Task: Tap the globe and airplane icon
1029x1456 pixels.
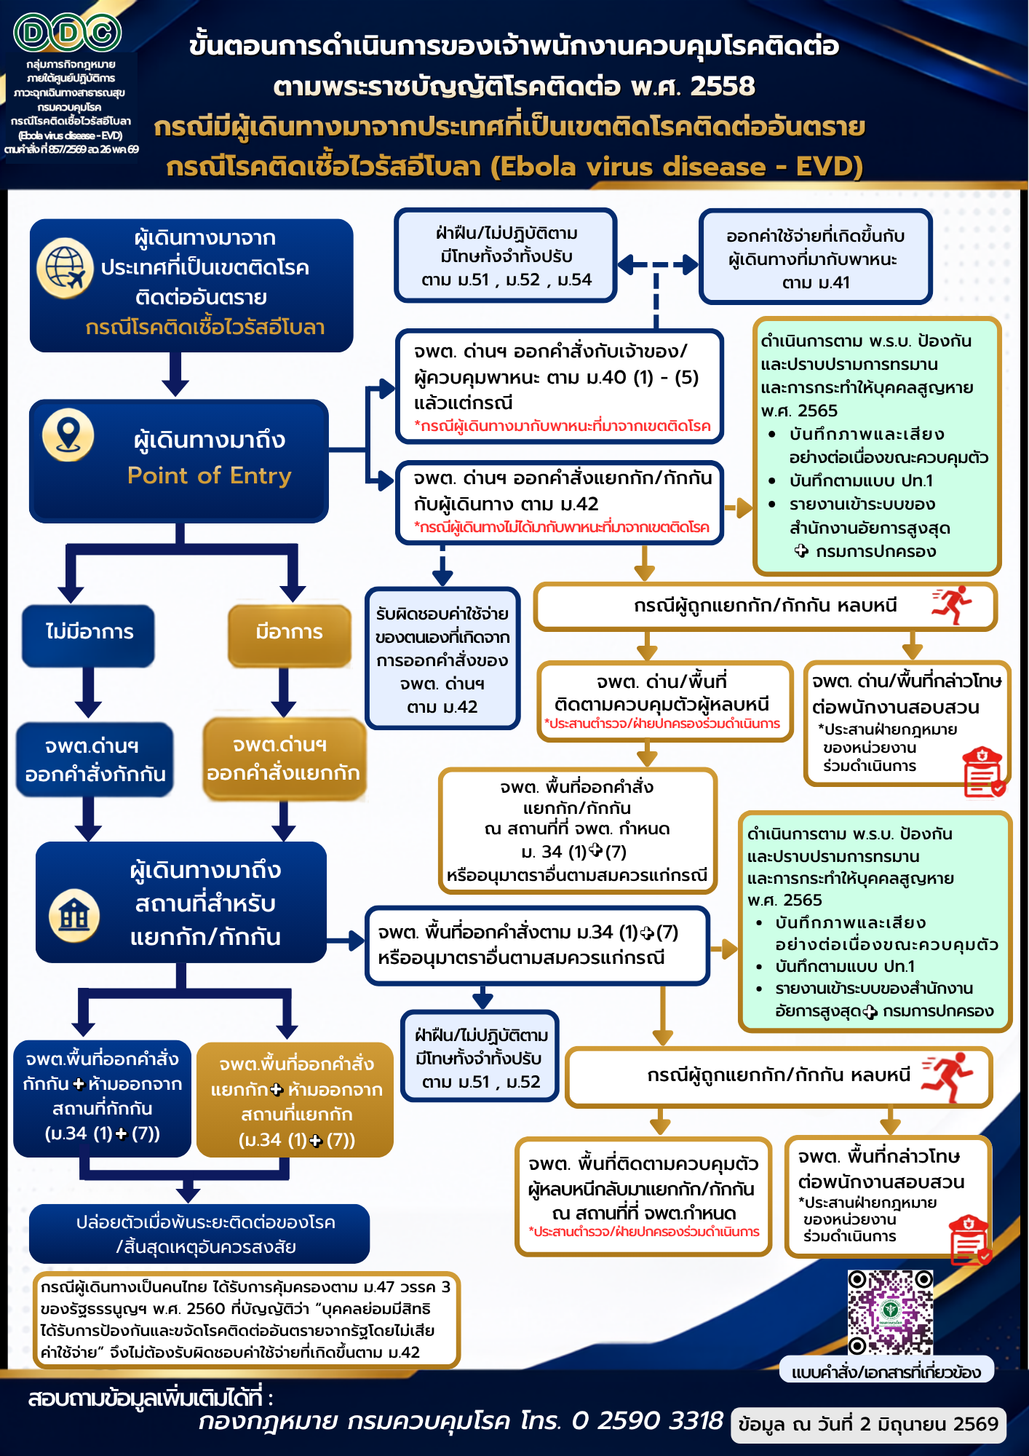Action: click(x=65, y=268)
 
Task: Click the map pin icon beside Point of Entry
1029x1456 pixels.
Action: click(x=68, y=435)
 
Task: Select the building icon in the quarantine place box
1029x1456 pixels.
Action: click(x=74, y=915)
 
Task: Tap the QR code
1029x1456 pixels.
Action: click(x=890, y=1312)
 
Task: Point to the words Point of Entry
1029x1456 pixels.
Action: click(x=210, y=475)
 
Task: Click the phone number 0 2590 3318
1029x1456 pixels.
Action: click(x=647, y=1420)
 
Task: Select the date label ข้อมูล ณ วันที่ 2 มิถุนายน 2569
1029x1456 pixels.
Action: click(x=868, y=1424)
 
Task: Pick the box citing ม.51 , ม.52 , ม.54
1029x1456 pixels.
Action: click(x=506, y=255)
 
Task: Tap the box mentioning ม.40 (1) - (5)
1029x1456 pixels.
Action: click(x=560, y=386)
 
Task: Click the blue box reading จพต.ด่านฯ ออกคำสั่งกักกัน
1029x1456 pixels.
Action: click(x=95, y=759)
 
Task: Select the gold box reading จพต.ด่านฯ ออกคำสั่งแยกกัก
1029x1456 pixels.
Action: click(x=284, y=759)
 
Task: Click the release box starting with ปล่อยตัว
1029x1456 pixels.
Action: click(x=199, y=1233)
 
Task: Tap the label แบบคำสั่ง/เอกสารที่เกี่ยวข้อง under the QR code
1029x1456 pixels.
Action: click(x=886, y=1372)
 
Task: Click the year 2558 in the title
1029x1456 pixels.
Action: click(x=723, y=86)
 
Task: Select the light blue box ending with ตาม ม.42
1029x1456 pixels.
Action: click(x=442, y=658)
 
